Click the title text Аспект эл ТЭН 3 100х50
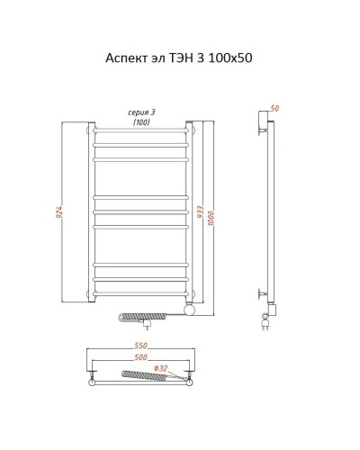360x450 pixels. (x=179, y=58)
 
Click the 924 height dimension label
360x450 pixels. (x=60, y=211)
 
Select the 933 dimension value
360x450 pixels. (x=201, y=211)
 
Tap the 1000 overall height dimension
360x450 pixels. (x=211, y=219)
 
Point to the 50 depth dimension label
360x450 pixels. (x=274, y=108)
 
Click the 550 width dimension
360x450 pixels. (x=140, y=346)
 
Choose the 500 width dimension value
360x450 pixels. (x=140, y=357)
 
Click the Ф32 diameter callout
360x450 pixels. (x=160, y=368)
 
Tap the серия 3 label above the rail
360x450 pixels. (x=141, y=112)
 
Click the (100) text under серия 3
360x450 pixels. (x=141, y=122)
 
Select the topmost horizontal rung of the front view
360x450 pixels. (x=141, y=130)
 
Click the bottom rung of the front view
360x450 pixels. (x=141, y=294)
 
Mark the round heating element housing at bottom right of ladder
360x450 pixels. (x=190, y=310)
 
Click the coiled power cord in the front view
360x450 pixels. (x=142, y=316)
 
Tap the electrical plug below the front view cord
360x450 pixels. (x=147, y=325)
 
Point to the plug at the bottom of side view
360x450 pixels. (x=265, y=323)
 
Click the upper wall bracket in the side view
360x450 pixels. (x=263, y=130)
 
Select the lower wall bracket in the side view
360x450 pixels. (x=263, y=294)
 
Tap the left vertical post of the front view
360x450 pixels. (x=91, y=212)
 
